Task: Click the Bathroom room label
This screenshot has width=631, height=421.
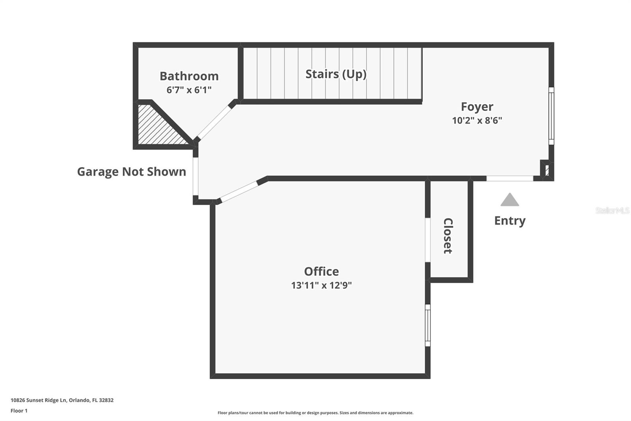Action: [189, 76]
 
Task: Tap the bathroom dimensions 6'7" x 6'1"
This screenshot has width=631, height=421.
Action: [189, 90]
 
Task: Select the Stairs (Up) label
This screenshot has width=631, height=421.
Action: [336, 74]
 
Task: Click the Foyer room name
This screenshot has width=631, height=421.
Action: [477, 107]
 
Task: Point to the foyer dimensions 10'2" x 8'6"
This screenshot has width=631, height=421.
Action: [477, 120]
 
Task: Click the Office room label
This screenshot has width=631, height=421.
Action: [321, 271]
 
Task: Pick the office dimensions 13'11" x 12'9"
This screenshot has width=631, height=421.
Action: [321, 285]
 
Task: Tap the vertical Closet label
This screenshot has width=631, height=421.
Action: [448, 235]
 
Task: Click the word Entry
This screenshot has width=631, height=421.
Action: [510, 220]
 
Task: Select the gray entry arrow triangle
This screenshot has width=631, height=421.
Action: [510, 200]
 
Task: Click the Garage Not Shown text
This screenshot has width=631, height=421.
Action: [131, 172]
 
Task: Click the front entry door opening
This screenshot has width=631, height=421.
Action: [510, 179]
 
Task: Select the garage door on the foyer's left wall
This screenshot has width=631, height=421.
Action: [195, 177]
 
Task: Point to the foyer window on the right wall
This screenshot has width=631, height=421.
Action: [551, 116]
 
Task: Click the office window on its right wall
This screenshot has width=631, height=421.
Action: [428, 325]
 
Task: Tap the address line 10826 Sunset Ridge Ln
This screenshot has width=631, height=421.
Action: [62, 400]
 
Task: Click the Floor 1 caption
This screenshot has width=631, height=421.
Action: [19, 411]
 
